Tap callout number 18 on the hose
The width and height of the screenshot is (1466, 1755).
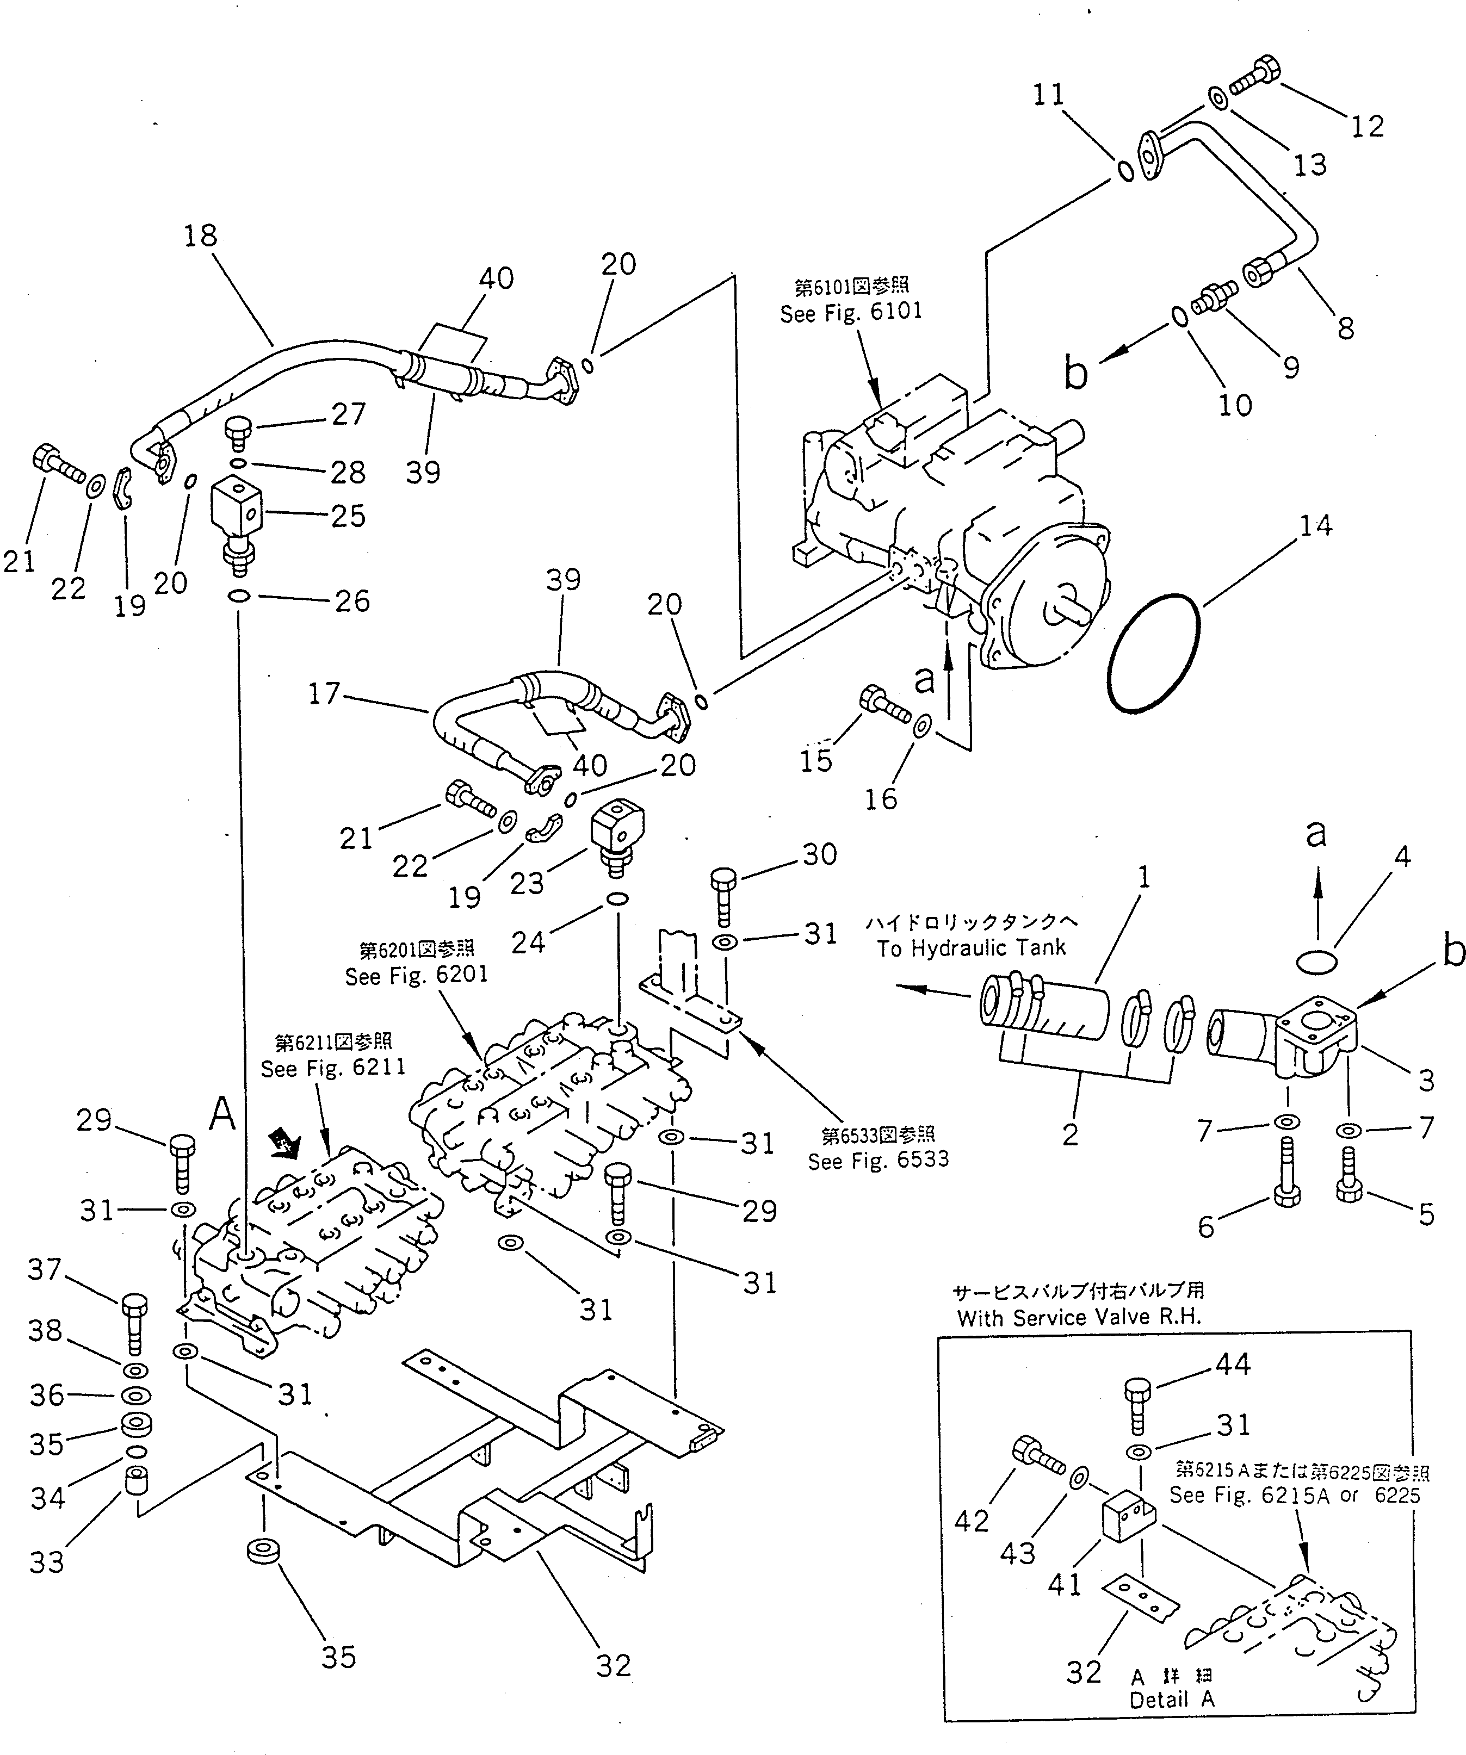[201, 237]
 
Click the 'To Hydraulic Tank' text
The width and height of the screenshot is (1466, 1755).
[971, 948]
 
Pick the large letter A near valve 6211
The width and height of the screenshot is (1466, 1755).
[221, 1114]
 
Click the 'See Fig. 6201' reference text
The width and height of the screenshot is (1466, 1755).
[416, 975]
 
